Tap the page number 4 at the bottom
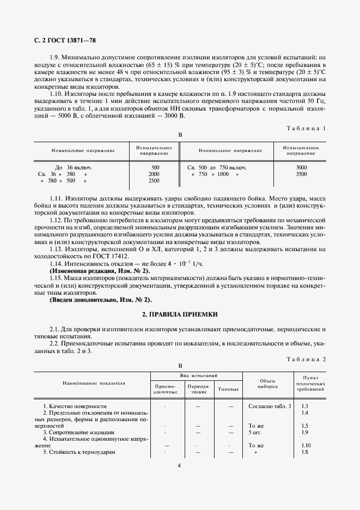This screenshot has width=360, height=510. click(179, 465)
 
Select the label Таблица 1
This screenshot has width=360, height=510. click(306, 128)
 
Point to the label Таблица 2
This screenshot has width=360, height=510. click(306, 360)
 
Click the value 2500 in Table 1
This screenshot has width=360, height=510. click(154, 181)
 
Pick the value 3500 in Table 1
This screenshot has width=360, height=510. click(301, 174)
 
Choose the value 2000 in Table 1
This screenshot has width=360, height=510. click(154, 174)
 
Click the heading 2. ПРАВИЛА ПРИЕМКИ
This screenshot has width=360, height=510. click(179, 314)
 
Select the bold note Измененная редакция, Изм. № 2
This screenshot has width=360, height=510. click(100, 271)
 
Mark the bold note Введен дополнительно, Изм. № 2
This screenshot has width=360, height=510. click(101, 300)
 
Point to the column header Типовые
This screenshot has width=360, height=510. click(228, 389)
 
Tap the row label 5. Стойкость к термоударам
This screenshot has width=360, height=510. click(80, 452)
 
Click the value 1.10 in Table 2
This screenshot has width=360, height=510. click(305, 445)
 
